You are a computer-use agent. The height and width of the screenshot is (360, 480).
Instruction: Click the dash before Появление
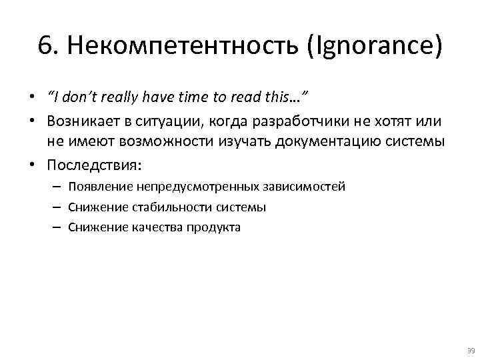(x=55, y=187)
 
